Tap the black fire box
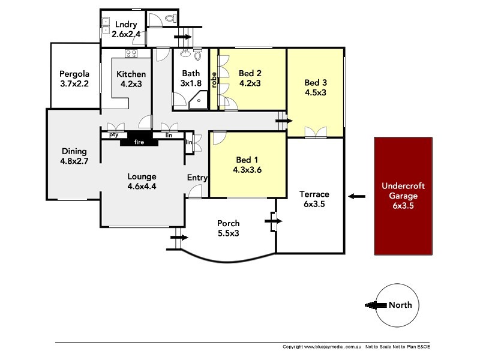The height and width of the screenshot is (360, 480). point(139,142)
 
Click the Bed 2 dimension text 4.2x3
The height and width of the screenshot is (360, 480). point(250,83)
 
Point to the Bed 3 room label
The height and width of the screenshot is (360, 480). point(316,82)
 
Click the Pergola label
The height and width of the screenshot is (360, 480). point(74,74)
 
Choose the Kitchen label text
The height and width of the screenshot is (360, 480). point(131,74)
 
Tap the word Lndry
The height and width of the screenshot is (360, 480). point(127,25)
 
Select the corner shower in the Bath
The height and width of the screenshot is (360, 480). point(197,103)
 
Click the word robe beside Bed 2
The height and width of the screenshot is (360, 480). point(213,79)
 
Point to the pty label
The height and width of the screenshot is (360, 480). point(113,136)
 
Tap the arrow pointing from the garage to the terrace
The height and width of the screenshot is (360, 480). point(356,196)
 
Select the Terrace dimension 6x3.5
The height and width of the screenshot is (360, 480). point(314,204)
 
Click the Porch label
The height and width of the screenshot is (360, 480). point(228,223)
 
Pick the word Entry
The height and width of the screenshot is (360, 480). point(197,178)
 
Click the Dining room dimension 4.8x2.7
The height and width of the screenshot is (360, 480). point(74,161)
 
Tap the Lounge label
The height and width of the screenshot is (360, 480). point(142,176)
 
